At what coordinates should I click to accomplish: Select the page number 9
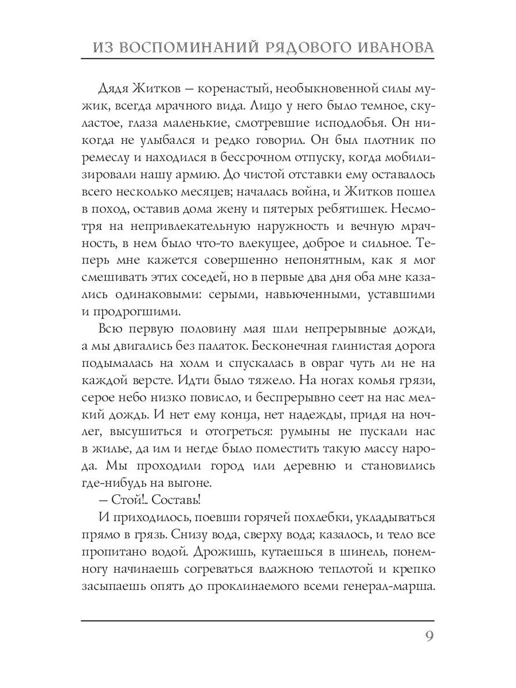pyautogui.click(x=429, y=637)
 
